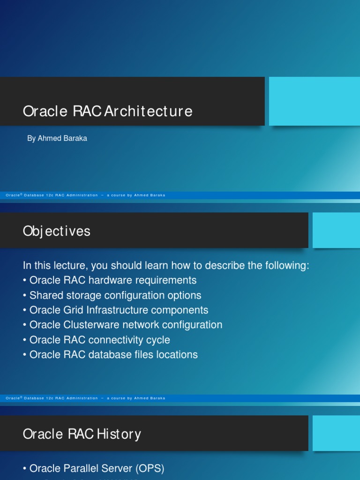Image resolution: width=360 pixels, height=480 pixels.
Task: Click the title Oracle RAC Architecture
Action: tap(108, 112)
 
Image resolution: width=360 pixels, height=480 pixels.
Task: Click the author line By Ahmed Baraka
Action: tap(57, 139)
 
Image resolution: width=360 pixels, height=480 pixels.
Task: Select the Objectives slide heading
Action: tap(57, 231)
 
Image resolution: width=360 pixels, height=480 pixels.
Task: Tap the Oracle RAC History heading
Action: tap(82, 434)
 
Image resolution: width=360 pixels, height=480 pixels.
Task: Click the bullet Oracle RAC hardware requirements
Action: tap(113, 280)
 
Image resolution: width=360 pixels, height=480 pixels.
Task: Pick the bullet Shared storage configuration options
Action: tap(115, 295)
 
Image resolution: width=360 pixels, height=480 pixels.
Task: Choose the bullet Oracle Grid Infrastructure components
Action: tap(119, 310)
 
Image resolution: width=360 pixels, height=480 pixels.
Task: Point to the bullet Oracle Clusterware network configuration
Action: tap(126, 325)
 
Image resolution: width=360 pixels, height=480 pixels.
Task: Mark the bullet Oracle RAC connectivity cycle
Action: tap(99, 340)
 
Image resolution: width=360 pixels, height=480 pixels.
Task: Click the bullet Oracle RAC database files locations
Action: tap(113, 355)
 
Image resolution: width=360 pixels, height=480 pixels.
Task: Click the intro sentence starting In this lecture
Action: tap(166, 266)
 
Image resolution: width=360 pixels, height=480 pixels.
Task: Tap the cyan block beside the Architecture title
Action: tap(314, 101)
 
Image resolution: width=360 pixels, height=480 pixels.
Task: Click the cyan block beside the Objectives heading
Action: tap(336, 230)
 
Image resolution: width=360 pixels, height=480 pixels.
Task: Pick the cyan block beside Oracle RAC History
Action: tap(336, 433)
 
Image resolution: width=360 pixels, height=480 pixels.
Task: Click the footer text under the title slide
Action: tap(86, 195)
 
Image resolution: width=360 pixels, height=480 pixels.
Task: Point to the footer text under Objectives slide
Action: tap(86, 398)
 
